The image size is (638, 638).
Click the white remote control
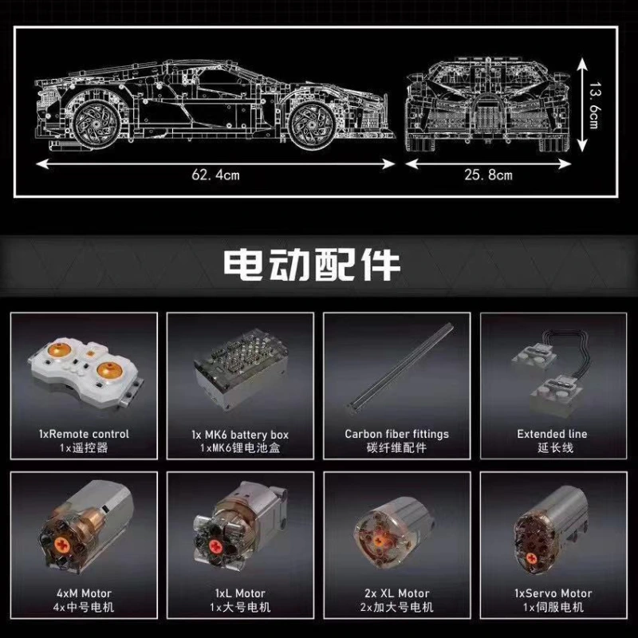84,370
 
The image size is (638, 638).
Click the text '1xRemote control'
84,434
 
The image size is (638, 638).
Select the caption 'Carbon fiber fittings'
396,434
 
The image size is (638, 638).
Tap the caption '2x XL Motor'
396,593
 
